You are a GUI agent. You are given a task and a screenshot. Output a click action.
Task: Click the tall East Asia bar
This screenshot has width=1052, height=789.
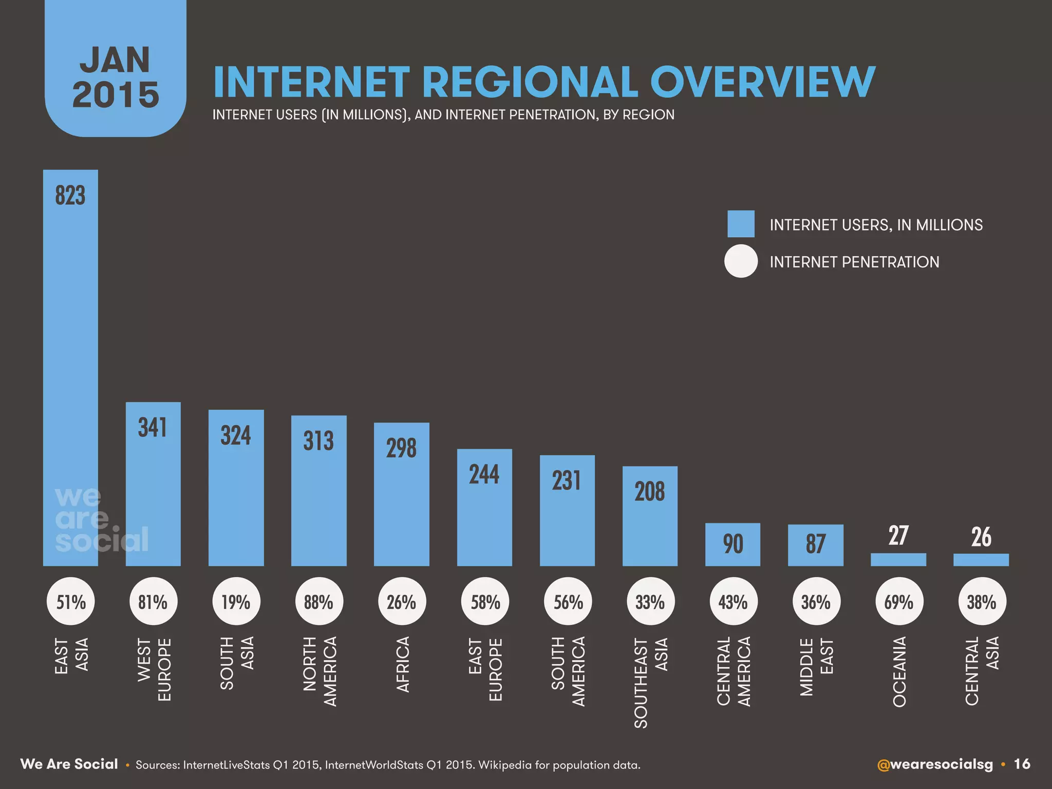[x=70, y=360]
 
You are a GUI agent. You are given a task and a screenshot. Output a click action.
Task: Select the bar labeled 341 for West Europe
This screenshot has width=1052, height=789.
[x=153, y=493]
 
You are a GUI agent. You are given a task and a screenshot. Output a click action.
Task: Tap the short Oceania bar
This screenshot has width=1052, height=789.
[x=898, y=559]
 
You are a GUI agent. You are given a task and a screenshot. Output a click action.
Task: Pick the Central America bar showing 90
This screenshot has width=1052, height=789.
[x=732, y=544]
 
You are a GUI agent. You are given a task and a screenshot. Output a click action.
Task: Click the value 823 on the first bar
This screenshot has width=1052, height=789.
[x=70, y=196]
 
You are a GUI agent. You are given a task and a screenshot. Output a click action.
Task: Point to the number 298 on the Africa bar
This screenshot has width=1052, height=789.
[x=401, y=448]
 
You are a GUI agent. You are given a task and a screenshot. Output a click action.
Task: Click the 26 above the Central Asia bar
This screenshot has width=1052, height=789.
[x=981, y=537]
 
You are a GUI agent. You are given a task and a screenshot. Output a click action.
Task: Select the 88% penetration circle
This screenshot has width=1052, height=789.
[x=318, y=602]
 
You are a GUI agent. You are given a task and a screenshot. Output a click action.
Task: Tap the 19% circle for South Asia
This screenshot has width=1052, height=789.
[x=236, y=602]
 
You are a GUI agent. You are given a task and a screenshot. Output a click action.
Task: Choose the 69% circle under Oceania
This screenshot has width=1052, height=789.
[x=898, y=602]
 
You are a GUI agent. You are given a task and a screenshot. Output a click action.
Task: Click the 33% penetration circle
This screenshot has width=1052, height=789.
[x=650, y=602]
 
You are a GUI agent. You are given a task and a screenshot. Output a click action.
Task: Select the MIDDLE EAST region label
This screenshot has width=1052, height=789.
[x=817, y=667]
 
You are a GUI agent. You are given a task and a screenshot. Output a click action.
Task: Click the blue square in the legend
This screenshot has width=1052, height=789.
[x=741, y=224]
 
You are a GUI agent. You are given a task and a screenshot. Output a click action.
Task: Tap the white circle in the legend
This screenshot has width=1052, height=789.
[x=741, y=261]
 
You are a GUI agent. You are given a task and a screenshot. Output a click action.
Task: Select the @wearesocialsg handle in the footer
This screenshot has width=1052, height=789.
[x=935, y=764]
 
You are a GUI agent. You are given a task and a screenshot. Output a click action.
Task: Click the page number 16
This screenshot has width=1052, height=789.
[x=1022, y=764]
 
